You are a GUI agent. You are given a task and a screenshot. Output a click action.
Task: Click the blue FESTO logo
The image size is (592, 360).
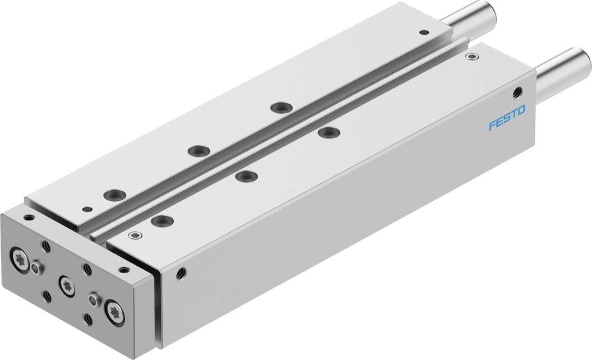coord(507,118)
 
